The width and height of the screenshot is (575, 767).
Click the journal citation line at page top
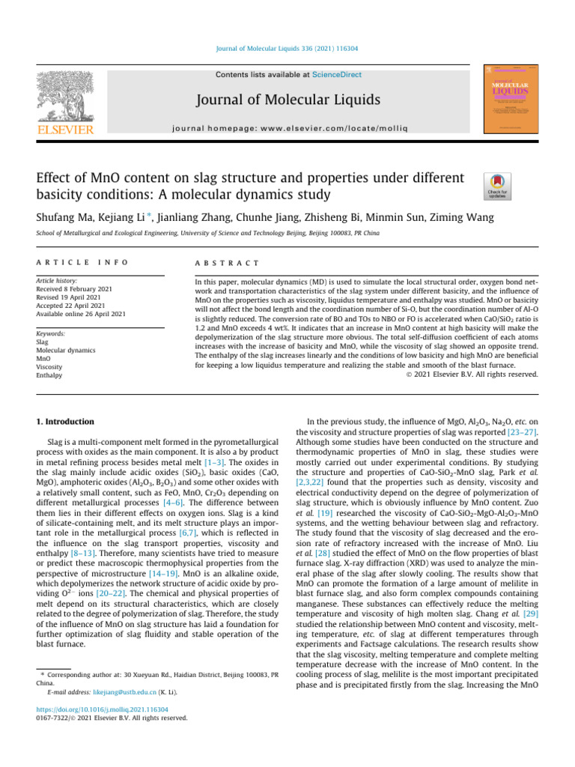[x=287, y=48]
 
